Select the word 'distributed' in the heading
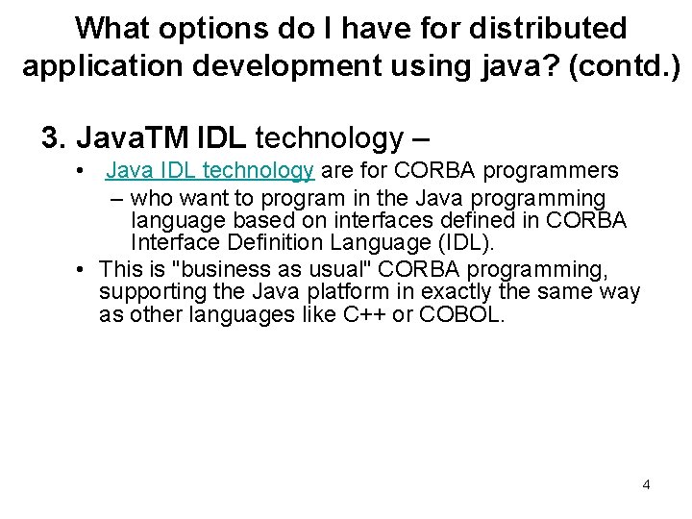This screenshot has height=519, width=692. pos(547,28)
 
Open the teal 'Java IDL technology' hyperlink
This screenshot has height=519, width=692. pos(210,171)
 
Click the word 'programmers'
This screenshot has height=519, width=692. pos(552,171)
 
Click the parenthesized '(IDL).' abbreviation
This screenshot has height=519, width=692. pos(459,243)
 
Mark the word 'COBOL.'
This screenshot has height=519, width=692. pos(460,315)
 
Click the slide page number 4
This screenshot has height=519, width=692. pos(646,484)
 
